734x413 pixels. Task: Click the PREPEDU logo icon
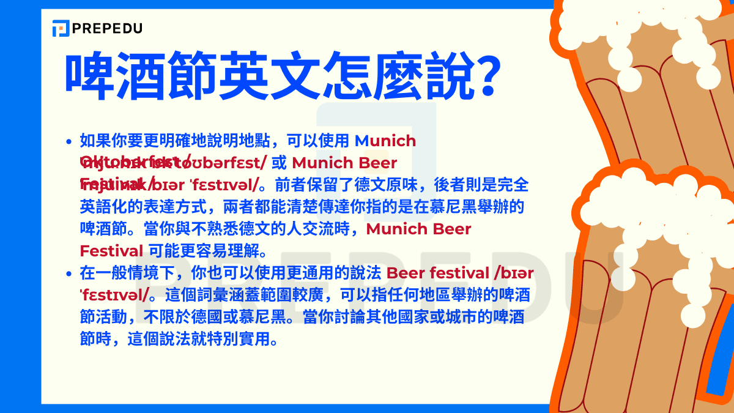pyautogui.click(x=61, y=28)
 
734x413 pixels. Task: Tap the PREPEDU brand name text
pyautogui.click(x=106, y=28)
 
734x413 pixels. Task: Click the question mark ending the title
pyautogui.click(x=483, y=76)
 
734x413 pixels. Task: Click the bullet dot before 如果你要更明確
pyautogui.click(x=69, y=142)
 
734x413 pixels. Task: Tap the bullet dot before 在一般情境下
pyautogui.click(x=69, y=273)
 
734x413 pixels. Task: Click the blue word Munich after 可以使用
pyautogui.click(x=385, y=141)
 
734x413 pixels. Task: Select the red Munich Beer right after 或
pyautogui.click(x=344, y=163)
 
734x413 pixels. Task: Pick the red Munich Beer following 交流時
pyautogui.click(x=418, y=229)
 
